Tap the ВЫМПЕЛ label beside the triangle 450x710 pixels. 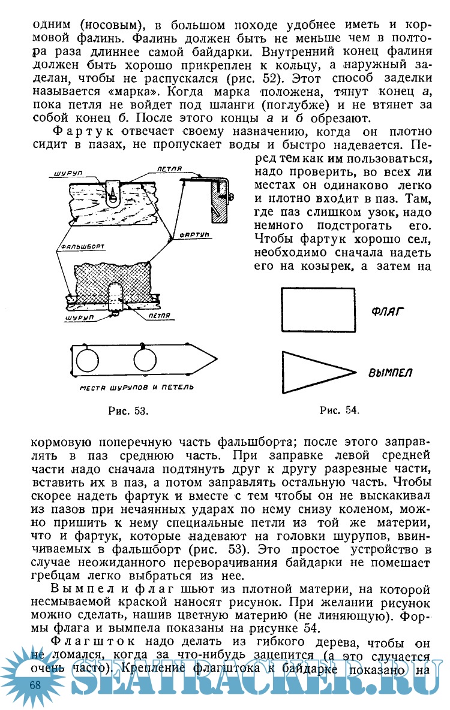(x=390, y=373)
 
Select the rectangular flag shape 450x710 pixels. (x=318, y=309)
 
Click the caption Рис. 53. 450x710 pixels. (x=127, y=410)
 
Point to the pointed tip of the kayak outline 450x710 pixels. (x=214, y=358)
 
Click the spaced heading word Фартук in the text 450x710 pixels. (x=85, y=131)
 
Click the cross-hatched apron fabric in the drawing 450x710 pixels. (x=114, y=281)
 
